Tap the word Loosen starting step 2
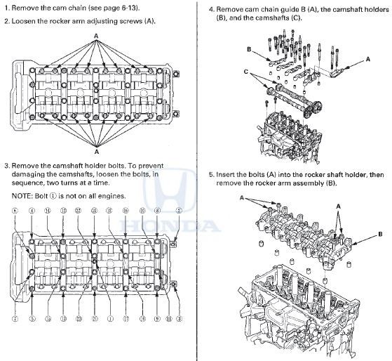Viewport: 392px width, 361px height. tap(26, 21)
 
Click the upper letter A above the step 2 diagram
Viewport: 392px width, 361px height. tap(95, 44)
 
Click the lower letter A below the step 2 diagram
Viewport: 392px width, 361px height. tap(96, 150)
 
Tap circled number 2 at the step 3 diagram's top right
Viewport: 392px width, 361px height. tap(179, 211)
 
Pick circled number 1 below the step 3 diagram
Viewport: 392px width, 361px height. tap(109, 318)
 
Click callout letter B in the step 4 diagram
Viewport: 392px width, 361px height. tap(249, 49)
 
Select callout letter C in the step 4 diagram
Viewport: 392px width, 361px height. tap(246, 71)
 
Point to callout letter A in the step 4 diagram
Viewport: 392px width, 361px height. tap(367, 60)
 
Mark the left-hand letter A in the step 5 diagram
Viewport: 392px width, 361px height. tap(243, 198)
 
